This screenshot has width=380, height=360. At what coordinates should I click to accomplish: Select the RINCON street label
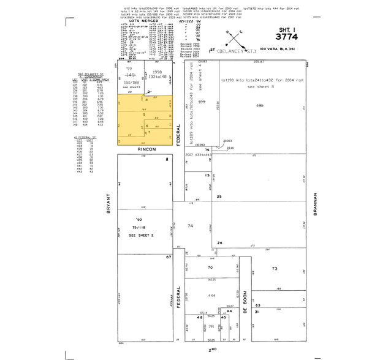click(x=145, y=149)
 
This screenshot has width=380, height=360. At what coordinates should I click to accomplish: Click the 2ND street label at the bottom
click(x=213, y=350)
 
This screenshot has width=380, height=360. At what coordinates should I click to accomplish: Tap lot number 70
click(x=210, y=268)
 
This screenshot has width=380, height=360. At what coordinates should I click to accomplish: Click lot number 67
click(x=167, y=257)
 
